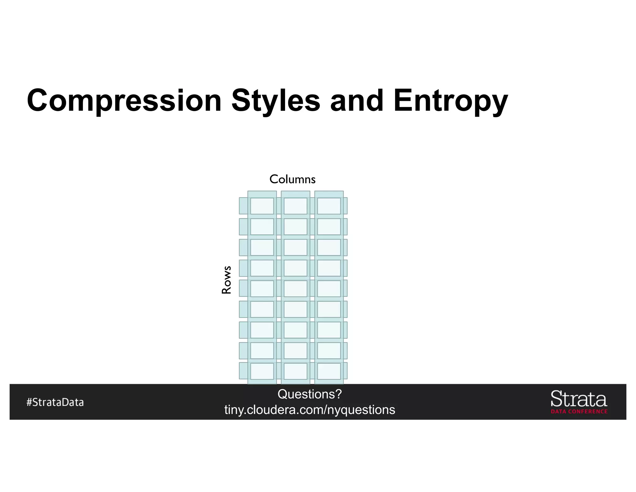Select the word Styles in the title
[x=276, y=100]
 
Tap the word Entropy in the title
[x=451, y=100]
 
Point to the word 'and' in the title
[x=357, y=100]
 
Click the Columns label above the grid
[x=292, y=179]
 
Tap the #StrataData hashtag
[x=55, y=402]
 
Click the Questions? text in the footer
[x=310, y=394]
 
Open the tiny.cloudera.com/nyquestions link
[x=310, y=410]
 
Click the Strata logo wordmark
[x=579, y=399]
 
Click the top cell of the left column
[x=262, y=206]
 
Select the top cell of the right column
[x=329, y=206]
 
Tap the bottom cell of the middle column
[x=295, y=371]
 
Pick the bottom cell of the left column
[x=262, y=371]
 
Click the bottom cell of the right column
[x=329, y=371]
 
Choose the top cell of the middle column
[x=295, y=206]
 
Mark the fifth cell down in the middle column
[x=295, y=289]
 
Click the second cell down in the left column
[x=262, y=227]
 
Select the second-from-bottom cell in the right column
[x=329, y=350]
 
